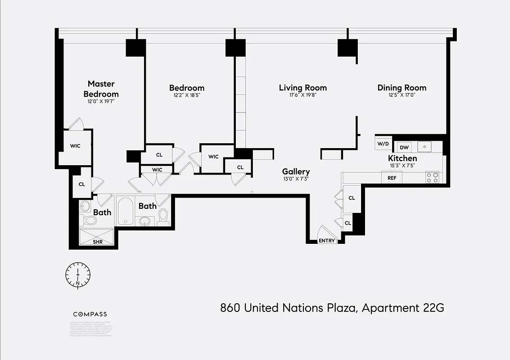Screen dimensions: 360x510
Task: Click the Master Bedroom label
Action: pyautogui.click(x=101, y=89)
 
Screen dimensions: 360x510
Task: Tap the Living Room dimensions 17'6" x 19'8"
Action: pyautogui.click(x=302, y=95)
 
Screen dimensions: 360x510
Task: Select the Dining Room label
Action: pyautogui.click(x=402, y=88)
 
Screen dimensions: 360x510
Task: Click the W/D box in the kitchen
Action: pyautogui.click(x=383, y=144)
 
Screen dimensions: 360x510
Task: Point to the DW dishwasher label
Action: pyautogui.click(x=404, y=147)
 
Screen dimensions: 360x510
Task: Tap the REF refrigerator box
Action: pyautogui.click(x=392, y=178)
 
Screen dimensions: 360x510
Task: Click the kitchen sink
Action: pyautogui.click(x=424, y=147)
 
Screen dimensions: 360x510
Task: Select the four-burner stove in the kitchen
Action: pyautogui.click(x=433, y=177)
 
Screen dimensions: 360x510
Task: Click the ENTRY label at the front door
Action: pyautogui.click(x=327, y=241)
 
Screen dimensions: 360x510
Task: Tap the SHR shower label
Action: pyautogui.click(x=98, y=242)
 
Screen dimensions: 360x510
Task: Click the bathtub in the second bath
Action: pyautogui.click(x=125, y=211)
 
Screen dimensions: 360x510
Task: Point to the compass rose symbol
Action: pyautogui.click(x=78, y=274)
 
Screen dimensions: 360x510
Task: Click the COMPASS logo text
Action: pyautogui.click(x=90, y=314)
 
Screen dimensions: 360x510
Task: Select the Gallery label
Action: pyautogui.click(x=296, y=171)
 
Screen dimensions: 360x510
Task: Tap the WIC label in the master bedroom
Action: pyautogui.click(x=75, y=146)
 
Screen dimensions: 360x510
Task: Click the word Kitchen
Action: pyautogui.click(x=402, y=158)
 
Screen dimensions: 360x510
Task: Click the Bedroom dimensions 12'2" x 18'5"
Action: pyautogui.click(x=186, y=95)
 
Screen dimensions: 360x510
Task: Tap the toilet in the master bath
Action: pyautogui.click(x=90, y=220)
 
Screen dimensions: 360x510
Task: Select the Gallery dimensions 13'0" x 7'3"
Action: pyautogui.click(x=296, y=179)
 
